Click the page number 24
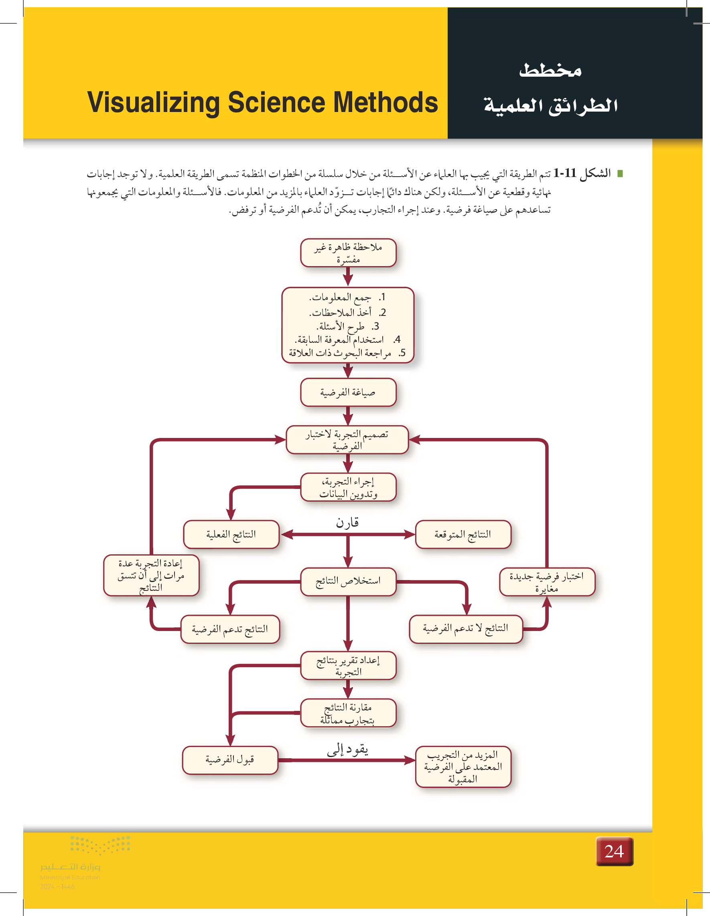(x=614, y=851)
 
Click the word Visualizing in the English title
(x=153, y=103)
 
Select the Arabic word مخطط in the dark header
(x=550, y=70)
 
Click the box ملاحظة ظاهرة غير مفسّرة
(x=348, y=253)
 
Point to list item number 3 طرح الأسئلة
(x=348, y=326)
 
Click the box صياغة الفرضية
(x=348, y=392)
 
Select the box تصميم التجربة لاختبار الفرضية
(x=347, y=440)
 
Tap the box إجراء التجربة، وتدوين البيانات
(x=348, y=487)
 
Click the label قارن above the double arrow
(x=347, y=523)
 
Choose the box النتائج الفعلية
(x=231, y=534)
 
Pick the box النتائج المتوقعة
(x=463, y=534)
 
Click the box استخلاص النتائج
(x=348, y=581)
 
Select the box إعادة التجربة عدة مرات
(x=151, y=575)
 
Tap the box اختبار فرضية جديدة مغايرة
(x=547, y=582)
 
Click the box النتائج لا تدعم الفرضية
(x=466, y=629)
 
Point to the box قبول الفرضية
(x=230, y=760)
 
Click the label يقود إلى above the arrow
(x=347, y=749)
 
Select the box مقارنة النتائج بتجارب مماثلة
(x=348, y=713)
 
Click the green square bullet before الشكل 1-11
(x=620, y=173)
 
